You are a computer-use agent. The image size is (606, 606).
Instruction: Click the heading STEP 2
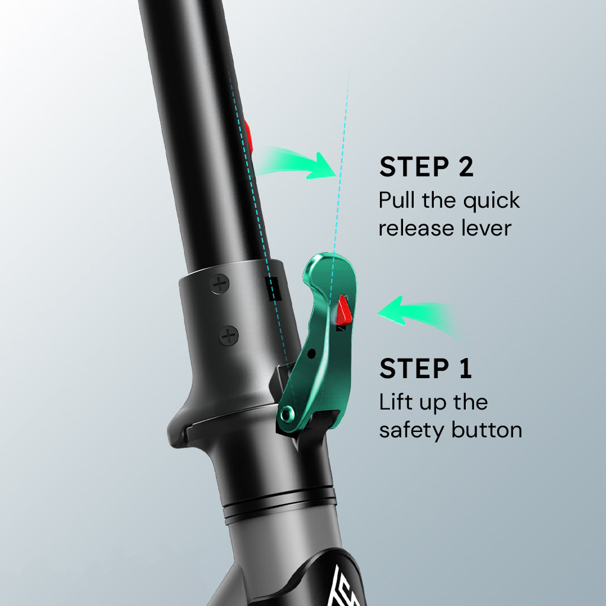pyautogui.click(x=426, y=167)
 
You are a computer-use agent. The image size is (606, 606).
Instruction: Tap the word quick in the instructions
pyautogui.click(x=492, y=201)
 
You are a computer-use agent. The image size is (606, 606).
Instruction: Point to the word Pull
pyautogui.click(x=397, y=200)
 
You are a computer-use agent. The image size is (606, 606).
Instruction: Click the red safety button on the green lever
pyautogui.click(x=343, y=310)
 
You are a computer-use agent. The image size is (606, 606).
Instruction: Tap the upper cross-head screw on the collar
pyautogui.click(x=220, y=284)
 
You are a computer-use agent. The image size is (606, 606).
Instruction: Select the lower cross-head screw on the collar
pyautogui.click(x=229, y=336)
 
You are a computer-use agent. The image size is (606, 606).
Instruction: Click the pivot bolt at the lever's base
pyautogui.click(x=287, y=415)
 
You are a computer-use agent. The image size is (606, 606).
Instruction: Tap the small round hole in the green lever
pyautogui.click(x=311, y=354)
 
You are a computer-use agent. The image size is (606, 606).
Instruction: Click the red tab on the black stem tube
pyautogui.click(x=248, y=137)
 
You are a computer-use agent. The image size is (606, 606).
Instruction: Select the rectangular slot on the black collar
pyautogui.click(x=272, y=288)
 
